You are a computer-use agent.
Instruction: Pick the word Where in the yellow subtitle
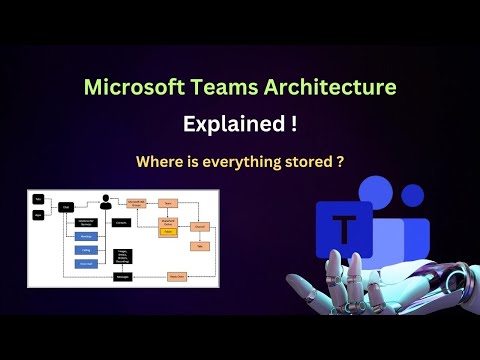click(167, 161)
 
